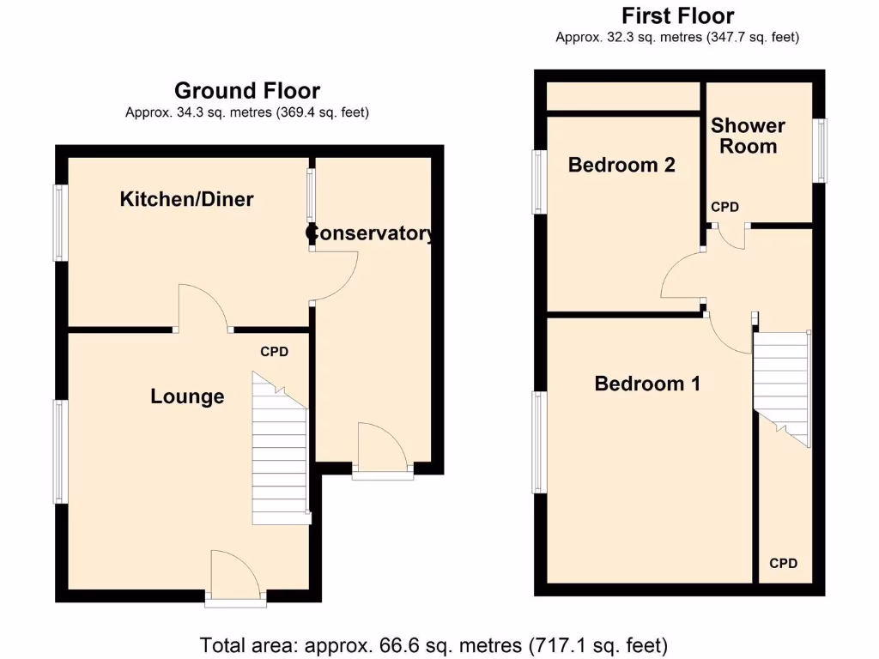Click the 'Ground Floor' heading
[x=247, y=91]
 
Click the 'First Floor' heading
[x=677, y=16]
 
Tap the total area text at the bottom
[x=433, y=644]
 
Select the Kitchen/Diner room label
[x=186, y=200]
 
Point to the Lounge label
[x=187, y=396]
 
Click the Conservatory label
[x=371, y=233]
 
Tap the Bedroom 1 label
[x=647, y=384]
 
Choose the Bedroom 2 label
[x=621, y=165]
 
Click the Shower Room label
[x=748, y=136]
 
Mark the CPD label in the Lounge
[x=275, y=352]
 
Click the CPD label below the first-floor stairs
[x=783, y=564]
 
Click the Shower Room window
[x=821, y=150]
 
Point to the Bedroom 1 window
[x=539, y=442]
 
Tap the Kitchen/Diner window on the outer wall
[x=60, y=223]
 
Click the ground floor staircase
[x=280, y=455]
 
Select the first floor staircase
[x=782, y=386]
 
